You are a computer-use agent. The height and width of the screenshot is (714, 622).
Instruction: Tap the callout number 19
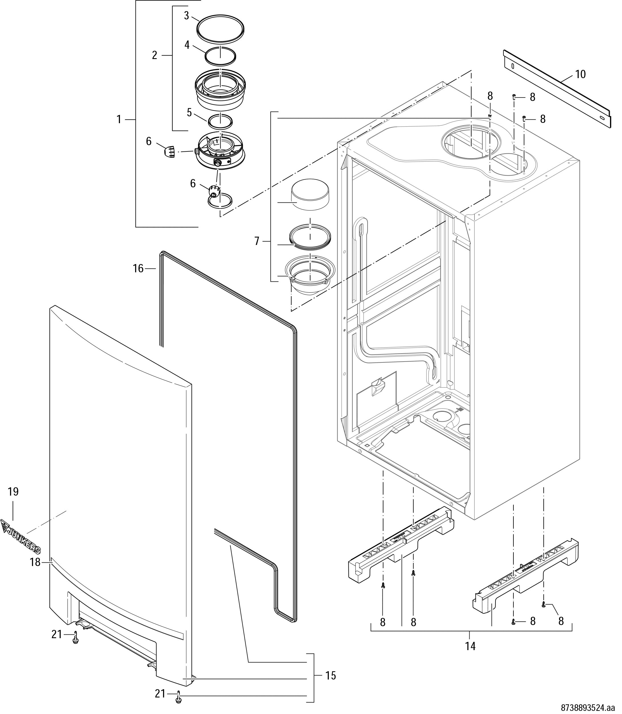point(13,492)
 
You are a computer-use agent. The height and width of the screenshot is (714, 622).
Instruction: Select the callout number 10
point(580,74)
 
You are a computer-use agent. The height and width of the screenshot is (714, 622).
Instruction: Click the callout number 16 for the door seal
point(138,268)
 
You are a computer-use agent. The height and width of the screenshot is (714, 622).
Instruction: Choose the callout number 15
point(331,676)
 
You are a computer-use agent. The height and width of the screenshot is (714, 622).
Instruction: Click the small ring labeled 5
point(220,121)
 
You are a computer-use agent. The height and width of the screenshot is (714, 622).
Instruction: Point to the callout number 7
point(257,241)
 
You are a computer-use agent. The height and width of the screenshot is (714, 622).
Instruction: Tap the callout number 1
point(119,120)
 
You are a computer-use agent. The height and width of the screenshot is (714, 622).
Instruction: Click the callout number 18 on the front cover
point(35,562)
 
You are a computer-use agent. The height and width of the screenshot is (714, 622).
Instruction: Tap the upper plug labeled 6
point(169,152)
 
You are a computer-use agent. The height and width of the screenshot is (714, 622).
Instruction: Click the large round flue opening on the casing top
point(465,142)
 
